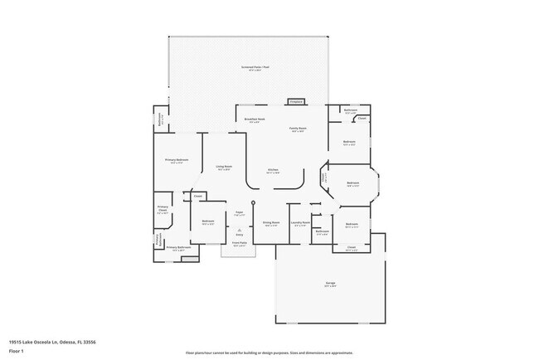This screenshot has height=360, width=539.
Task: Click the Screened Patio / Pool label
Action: pos(251,69)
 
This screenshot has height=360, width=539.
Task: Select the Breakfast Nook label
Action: pos(255,119)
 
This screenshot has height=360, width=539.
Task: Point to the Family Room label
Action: pos(298,129)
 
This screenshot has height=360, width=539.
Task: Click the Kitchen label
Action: pos(273,171)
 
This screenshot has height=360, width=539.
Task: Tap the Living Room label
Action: pos(224,168)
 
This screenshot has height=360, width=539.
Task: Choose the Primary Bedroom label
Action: pos(176,160)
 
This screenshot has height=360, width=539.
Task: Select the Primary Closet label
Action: pos(163,210)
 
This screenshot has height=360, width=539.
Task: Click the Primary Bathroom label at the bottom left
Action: pos(178,247)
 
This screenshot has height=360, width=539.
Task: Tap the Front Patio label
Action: pos(239,245)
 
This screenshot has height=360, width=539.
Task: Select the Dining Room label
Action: pos(270,222)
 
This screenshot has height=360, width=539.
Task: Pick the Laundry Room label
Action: pos(300,222)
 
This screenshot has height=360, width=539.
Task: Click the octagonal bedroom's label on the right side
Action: pos(352,183)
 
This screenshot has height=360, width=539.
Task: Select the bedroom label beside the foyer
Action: pos(208,222)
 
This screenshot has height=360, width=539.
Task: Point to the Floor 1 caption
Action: pos(16,352)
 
